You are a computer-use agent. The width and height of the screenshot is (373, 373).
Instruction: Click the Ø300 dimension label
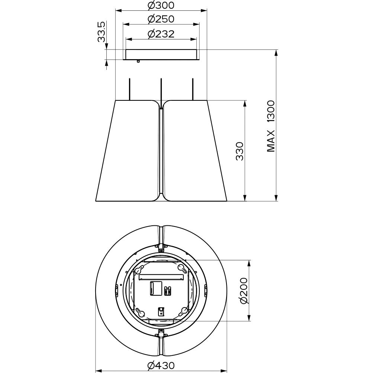pos(161,5)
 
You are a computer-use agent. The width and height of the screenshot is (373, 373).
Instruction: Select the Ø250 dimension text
pos(161,19)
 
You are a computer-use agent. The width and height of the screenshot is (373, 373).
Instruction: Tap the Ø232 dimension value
pos(161,34)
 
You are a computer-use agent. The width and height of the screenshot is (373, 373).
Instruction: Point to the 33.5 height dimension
pos(101,32)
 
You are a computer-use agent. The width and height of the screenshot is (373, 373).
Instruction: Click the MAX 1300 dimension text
pos(271,126)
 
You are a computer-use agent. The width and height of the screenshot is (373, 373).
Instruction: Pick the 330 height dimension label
pos(240,151)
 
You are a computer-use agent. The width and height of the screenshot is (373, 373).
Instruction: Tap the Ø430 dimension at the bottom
pos(161,365)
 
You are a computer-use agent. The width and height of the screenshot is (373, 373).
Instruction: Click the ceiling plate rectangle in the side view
pos(161,54)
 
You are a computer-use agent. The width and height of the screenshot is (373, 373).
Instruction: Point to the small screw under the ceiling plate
pos(138,61)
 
